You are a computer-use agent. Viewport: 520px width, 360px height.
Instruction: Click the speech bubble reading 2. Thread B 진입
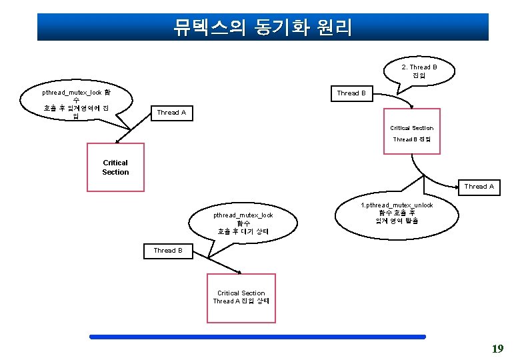tap(419, 71)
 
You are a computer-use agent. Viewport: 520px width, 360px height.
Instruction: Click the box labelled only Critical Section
tap(115, 167)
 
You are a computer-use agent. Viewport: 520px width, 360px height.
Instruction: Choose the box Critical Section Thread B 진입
tap(411, 132)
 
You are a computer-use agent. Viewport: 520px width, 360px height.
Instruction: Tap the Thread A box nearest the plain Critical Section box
tap(171, 113)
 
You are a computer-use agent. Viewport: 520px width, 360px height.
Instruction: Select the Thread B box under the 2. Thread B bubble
tap(351, 93)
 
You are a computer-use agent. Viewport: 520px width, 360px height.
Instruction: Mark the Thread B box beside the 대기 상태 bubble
tap(168, 251)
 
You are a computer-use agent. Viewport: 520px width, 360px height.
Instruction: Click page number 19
tap(497, 349)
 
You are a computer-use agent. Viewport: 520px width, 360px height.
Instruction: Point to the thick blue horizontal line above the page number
tap(257, 337)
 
